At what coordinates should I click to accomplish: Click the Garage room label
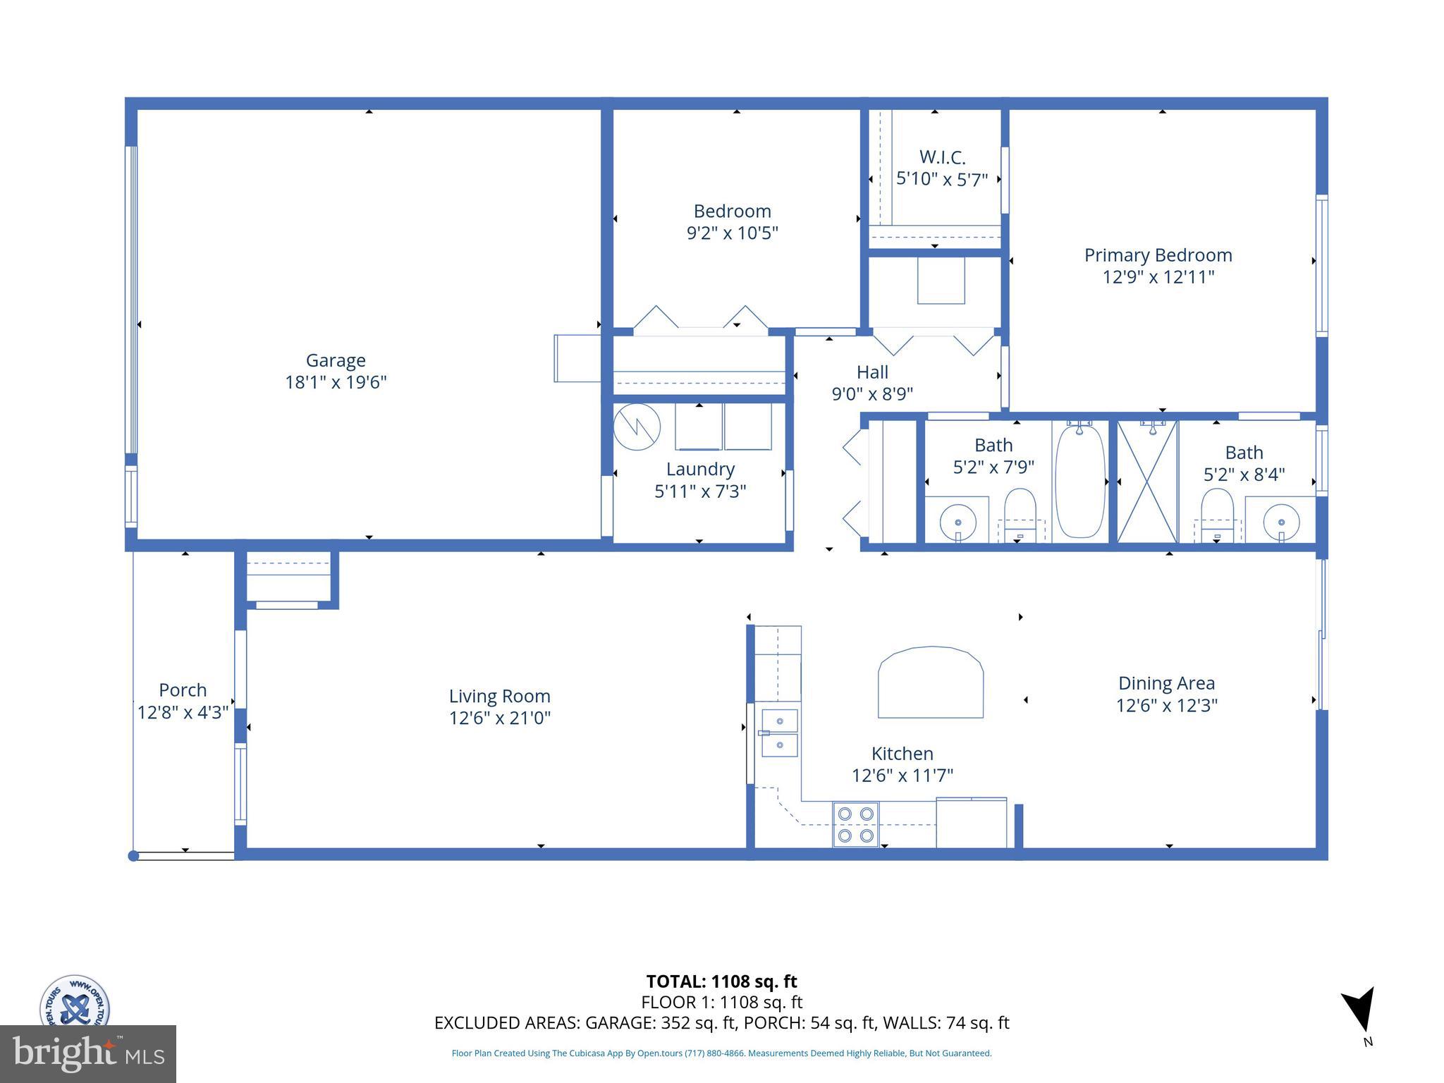336,360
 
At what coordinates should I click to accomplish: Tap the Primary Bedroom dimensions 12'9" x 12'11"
1158,277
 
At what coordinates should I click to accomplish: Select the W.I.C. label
942,157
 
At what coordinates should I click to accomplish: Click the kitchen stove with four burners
856,824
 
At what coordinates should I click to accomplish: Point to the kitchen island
930,683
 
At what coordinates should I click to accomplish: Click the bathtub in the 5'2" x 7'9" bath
1079,482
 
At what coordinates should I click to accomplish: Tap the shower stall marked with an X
1147,482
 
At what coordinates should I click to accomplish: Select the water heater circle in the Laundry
637,427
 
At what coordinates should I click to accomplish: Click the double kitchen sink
779,733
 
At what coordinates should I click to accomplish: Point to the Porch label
183,690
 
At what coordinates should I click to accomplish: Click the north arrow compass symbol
1359,1010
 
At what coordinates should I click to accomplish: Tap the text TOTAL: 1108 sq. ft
721,981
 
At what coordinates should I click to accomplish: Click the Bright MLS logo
87,1053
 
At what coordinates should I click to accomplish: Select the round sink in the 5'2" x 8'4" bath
1280,522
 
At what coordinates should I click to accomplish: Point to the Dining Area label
1166,683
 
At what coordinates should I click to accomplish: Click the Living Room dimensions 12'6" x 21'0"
499,718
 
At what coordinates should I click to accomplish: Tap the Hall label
872,372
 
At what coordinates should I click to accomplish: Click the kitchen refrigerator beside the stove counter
971,823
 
